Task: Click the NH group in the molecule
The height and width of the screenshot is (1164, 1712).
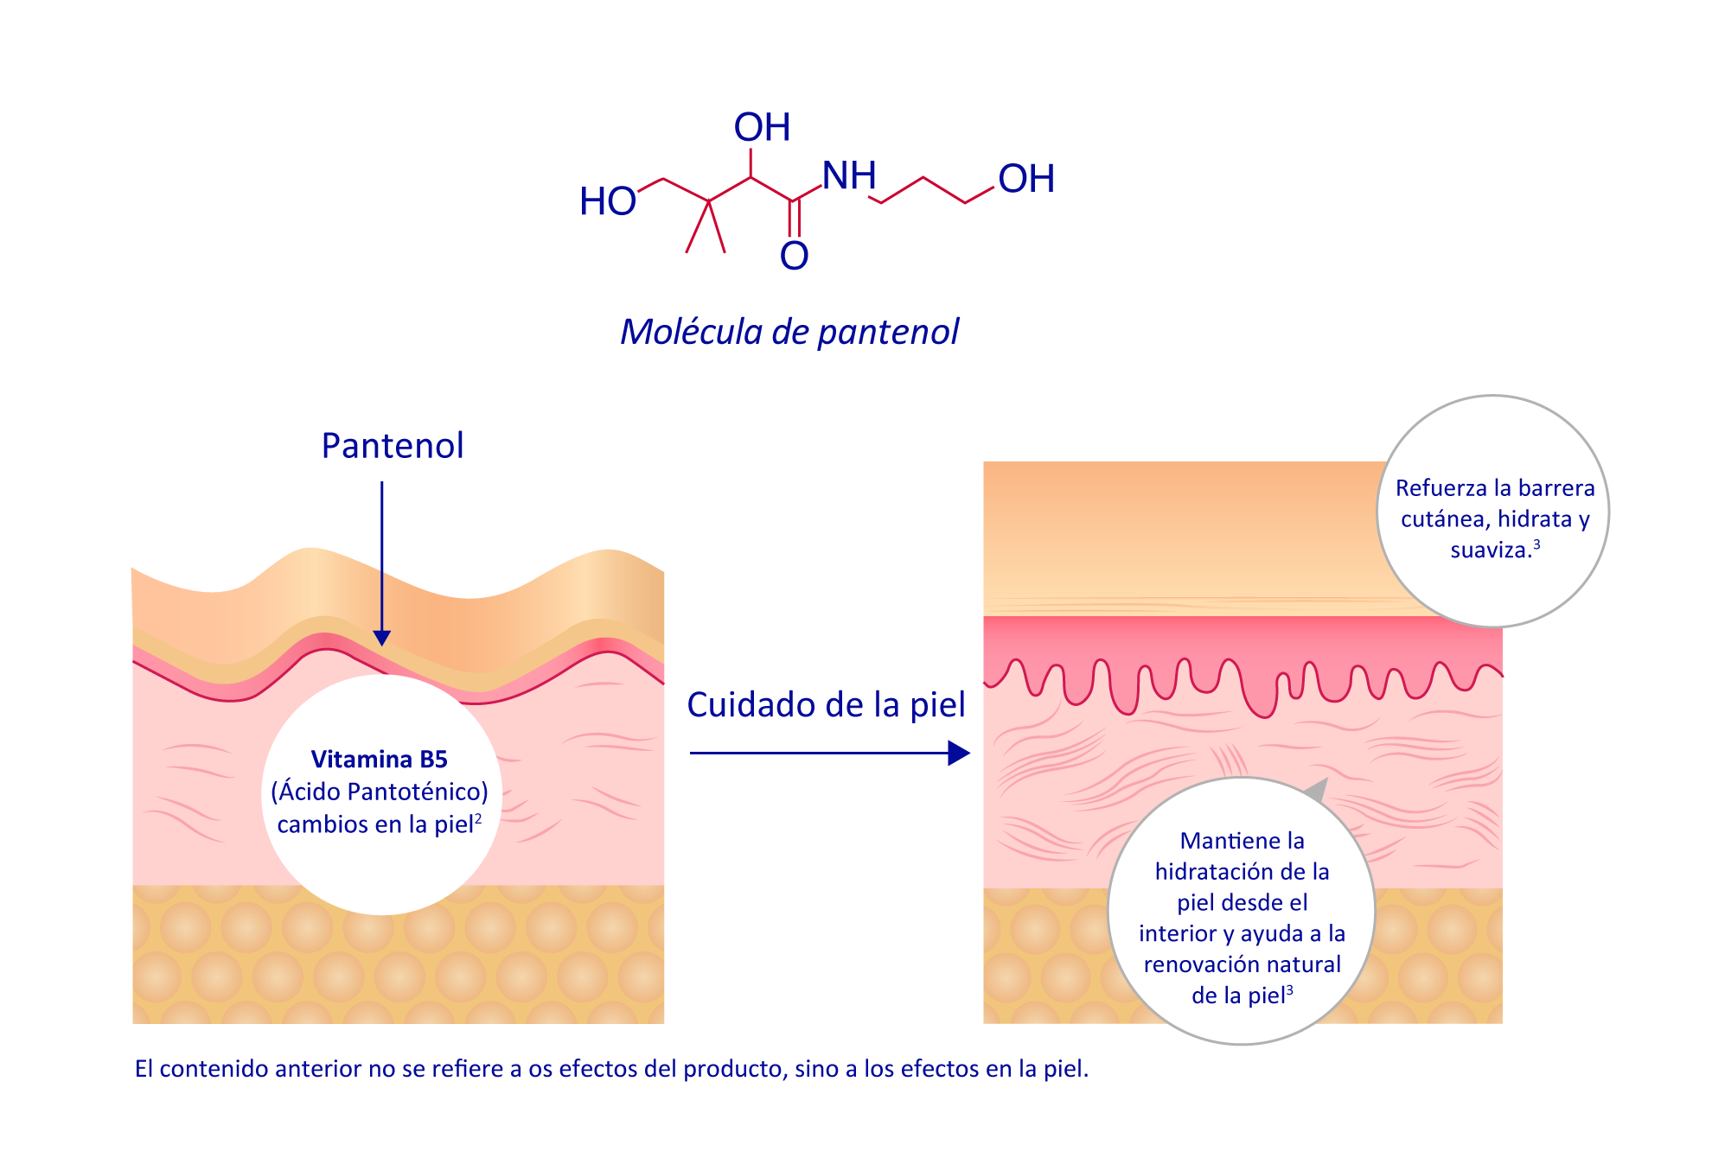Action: click(x=848, y=176)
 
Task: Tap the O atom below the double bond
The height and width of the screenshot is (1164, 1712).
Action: click(x=794, y=256)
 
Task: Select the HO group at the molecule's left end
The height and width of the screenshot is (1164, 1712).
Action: click(x=608, y=202)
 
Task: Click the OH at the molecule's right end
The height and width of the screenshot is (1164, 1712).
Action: click(x=1026, y=180)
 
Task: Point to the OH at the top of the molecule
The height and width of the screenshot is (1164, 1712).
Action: click(x=762, y=128)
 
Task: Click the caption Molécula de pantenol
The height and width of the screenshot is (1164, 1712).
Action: click(x=789, y=332)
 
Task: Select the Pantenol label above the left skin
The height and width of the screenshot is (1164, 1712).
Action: click(x=393, y=446)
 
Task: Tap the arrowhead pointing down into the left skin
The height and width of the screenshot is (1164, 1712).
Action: click(x=381, y=638)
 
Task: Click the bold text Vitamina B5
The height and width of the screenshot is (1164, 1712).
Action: click(x=379, y=760)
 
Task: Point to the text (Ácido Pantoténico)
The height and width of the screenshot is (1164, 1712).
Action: click(x=379, y=792)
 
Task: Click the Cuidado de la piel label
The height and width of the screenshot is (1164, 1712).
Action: click(x=826, y=705)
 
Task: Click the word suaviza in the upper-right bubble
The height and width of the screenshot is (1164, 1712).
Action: click(x=1490, y=550)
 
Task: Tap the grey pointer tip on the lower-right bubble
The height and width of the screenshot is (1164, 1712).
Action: click(x=1318, y=787)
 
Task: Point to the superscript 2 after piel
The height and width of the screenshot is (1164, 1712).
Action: click(x=478, y=817)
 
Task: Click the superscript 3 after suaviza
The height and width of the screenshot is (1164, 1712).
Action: click(x=1536, y=544)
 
